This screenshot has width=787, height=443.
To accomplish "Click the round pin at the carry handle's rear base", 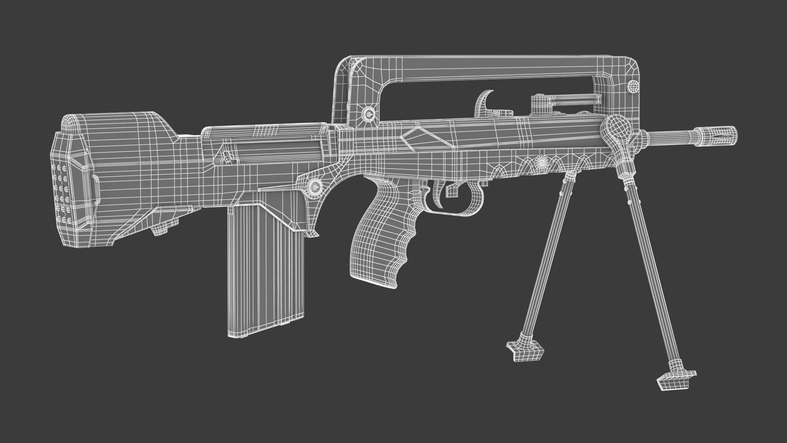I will (x=368, y=113).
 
